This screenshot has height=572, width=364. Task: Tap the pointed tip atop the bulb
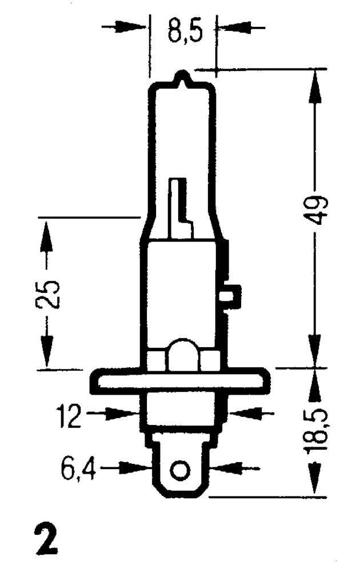182,77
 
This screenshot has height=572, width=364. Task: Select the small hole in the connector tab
181,470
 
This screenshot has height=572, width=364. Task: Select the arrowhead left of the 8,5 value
136,26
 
